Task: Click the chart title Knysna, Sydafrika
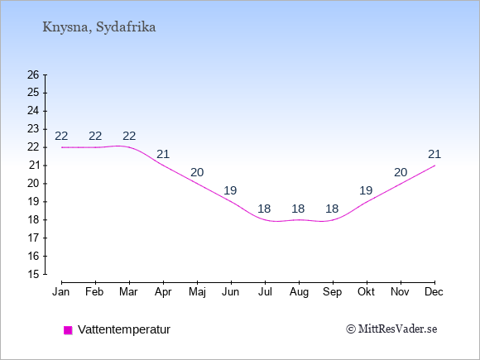pos(98,27)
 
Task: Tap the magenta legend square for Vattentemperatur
pos(68,330)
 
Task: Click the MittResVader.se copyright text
pos(391,329)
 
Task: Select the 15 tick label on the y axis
pos(33,274)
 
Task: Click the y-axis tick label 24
pos(33,111)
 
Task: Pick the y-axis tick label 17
pos(33,238)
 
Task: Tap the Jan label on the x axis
pos(61,292)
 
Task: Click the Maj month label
pos(197,292)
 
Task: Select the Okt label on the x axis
pos(366,292)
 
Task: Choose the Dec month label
pos(434,292)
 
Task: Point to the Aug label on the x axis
pos(299,292)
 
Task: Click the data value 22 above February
pos(95,136)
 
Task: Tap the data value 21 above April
pos(163,154)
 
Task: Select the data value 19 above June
pos(230,190)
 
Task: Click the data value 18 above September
pos(332,209)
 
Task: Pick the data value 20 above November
pos(401,173)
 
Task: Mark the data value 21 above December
pos(434,154)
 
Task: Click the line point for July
pos(265,219)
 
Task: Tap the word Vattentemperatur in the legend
pos(124,329)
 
